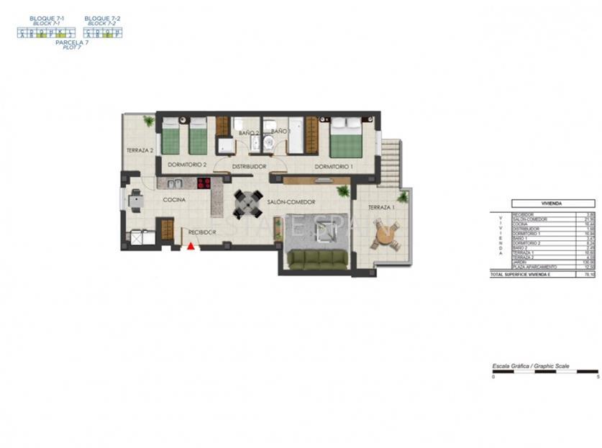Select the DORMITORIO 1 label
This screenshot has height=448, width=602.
[334, 166]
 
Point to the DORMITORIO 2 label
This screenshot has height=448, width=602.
[187, 165]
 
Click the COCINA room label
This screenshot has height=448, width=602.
[175, 199]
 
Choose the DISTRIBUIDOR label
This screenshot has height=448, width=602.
[249, 166]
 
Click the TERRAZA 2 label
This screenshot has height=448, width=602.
[140, 150]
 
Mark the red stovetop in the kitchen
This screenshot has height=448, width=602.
[204, 183]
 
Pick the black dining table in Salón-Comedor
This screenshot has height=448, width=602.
[247, 205]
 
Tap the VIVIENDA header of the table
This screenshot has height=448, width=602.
[552, 204]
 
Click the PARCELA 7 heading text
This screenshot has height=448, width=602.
[72, 42]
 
